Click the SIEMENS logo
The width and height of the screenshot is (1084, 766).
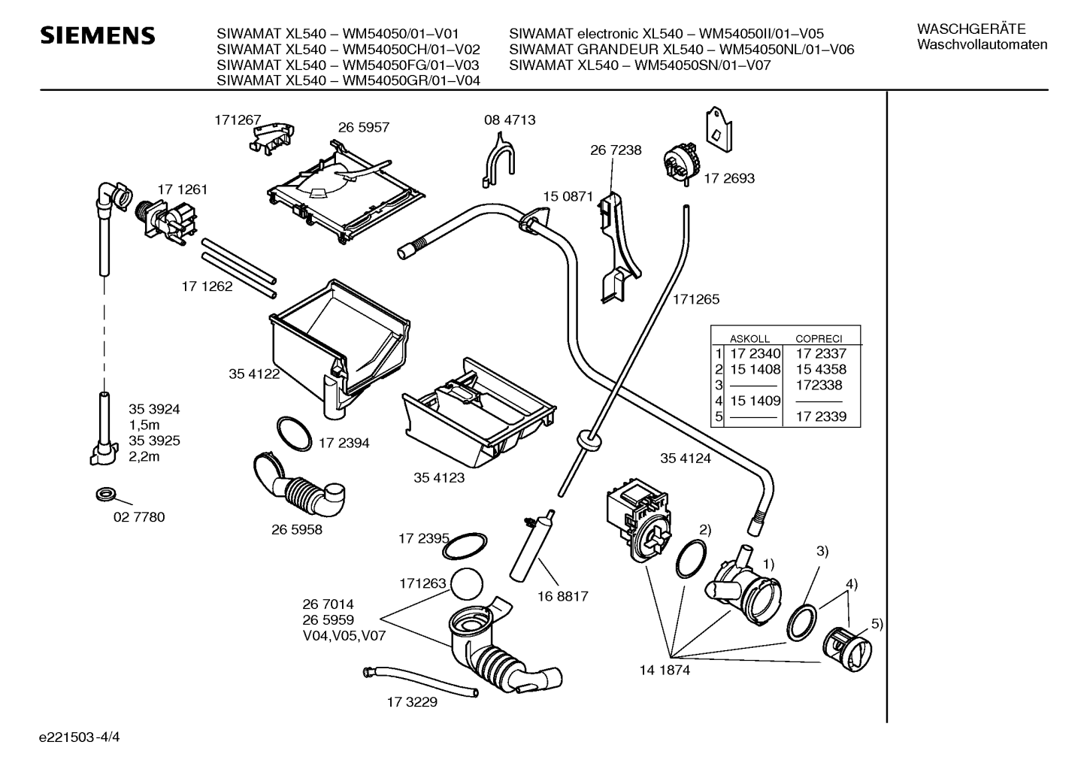(98, 36)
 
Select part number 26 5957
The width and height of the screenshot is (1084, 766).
(363, 127)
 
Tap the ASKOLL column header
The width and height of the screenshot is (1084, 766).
(749, 339)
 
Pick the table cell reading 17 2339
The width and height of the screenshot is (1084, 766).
(821, 416)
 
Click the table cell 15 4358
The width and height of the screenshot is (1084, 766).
(821, 369)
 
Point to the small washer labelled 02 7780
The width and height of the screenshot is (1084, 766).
(106, 495)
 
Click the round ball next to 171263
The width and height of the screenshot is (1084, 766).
(467, 584)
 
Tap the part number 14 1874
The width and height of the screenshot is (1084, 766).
(665, 671)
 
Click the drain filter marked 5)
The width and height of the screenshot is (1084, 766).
(847, 649)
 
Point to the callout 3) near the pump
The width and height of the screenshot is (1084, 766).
(822, 551)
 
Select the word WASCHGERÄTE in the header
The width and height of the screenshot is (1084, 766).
(971, 29)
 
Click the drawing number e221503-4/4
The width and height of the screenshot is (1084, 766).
(80, 737)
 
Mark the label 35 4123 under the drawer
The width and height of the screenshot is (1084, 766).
(439, 477)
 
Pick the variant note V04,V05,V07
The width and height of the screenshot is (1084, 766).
(344, 635)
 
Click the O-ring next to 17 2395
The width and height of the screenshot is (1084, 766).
(465, 546)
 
